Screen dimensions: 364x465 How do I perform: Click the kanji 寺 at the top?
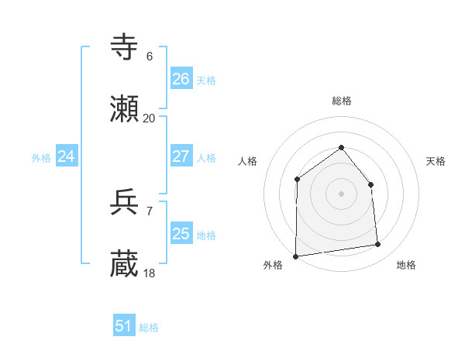coord(126,48)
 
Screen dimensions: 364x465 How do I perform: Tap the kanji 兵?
coord(126,203)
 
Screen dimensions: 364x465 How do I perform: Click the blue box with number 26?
coord(181,79)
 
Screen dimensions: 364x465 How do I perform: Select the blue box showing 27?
coord(181,156)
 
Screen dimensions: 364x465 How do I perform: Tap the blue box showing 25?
coord(181,234)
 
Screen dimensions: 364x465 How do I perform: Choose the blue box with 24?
coord(66,156)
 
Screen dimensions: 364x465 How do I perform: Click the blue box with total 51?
coord(124,326)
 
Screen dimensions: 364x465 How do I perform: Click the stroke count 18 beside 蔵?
coord(149,273)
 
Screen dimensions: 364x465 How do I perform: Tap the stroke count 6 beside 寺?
coord(149,57)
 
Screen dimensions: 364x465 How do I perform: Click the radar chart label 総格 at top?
coord(341,101)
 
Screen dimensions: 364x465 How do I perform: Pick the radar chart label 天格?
coord(436,161)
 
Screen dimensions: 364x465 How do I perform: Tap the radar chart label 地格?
coord(406,266)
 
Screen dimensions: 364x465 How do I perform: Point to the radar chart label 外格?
coord(273,266)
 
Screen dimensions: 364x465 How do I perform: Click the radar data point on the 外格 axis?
coord(296,256)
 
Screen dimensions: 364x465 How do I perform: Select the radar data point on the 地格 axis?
coord(378,245)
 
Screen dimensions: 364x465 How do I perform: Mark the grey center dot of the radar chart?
coord(341,194)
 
